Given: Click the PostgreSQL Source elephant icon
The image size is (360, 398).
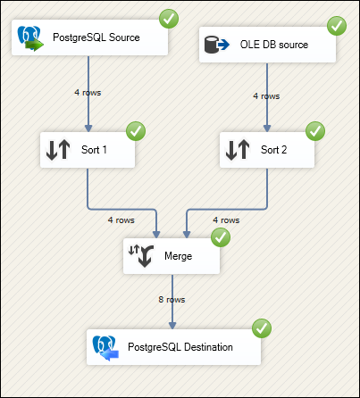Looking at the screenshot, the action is (x=30, y=38).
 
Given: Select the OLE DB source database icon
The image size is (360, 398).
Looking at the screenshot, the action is (x=217, y=45).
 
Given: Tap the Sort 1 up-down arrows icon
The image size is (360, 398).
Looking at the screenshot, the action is (x=58, y=150).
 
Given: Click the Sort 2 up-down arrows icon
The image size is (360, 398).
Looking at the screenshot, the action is (x=238, y=150).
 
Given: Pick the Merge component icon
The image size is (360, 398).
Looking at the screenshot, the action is (x=141, y=256).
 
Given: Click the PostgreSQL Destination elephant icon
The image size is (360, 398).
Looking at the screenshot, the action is (x=105, y=348).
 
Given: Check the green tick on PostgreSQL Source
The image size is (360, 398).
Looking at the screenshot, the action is (x=169, y=19).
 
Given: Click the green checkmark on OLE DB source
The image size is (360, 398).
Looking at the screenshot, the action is (x=337, y=26).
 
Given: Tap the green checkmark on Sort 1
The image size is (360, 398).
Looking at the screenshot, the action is (x=136, y=131).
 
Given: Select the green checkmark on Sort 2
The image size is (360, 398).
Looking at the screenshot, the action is (x=315, y=131).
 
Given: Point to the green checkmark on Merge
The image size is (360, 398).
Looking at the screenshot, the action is (x=221, y=237).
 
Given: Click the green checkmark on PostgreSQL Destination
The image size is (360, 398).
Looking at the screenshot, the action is (x=262, y=328).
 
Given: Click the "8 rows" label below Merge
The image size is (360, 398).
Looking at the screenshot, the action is (x=172, y=300).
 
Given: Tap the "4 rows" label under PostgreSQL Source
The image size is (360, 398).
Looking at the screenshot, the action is (x=88, y=93).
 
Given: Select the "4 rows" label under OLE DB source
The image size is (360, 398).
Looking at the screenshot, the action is (x=266, y=96).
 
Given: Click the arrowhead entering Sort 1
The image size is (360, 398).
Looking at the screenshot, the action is (x=88, y=128).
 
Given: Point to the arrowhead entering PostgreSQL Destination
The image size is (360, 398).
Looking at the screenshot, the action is (x=172, y=325).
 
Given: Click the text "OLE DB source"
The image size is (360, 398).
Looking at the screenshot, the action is (x=274, y=45).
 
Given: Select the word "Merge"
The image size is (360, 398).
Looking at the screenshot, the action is (x=179, y=256).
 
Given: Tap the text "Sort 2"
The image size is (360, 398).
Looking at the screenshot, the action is (x=274, y=150).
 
